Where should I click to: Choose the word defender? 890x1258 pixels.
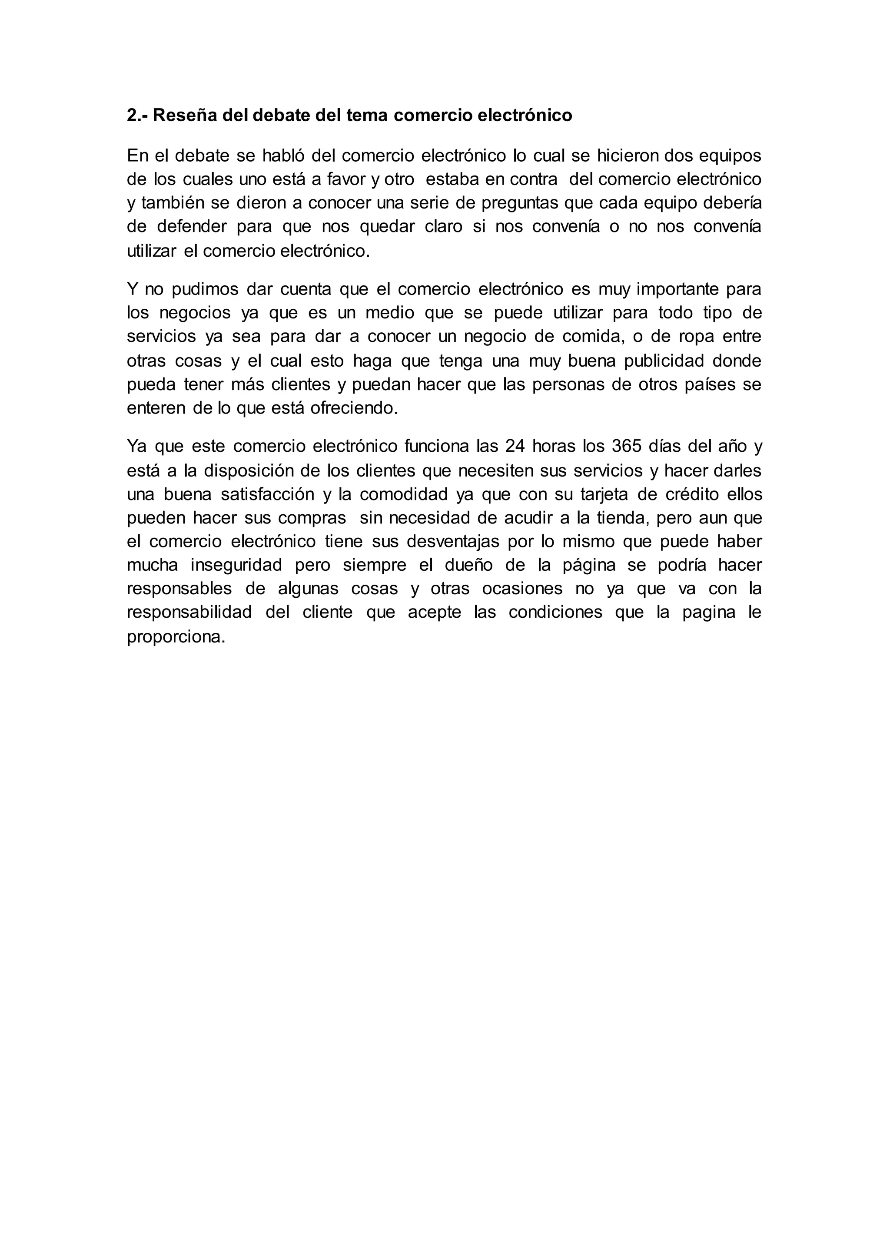point(192,227)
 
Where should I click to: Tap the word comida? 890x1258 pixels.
point(594,336)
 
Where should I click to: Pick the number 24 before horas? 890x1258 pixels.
point(515,447)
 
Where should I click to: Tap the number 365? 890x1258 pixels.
point(625,447)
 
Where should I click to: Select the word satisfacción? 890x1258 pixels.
point(267,494)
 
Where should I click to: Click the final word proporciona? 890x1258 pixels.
point(176,637)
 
